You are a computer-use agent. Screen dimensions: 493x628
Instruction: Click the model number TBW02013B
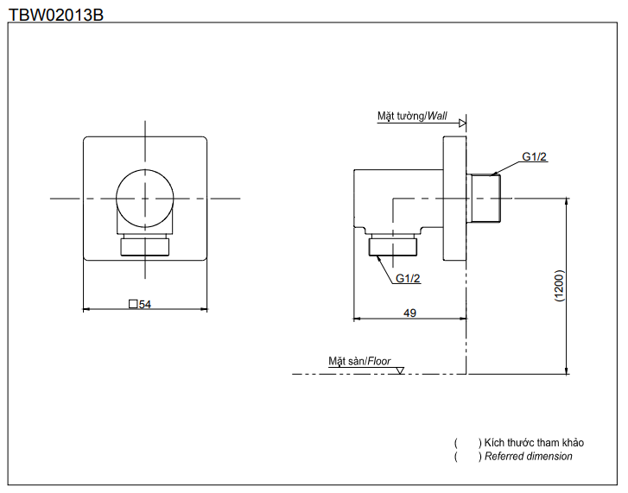pos(56,13)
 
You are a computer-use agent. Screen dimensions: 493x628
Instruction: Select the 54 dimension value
pos(145,304)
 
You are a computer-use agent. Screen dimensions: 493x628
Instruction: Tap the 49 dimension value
pos(409,313)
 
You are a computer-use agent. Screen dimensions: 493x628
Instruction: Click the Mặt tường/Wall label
pos(412,116)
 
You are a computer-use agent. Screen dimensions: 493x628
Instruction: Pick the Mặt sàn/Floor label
pos(359,361)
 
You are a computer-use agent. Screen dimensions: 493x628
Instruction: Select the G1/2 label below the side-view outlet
pos(408,278)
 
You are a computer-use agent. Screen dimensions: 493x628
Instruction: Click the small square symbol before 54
pos(132,304)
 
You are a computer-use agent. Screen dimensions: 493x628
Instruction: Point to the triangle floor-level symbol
pos(399,370)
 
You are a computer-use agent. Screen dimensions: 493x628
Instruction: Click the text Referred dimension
pos(528,456)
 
